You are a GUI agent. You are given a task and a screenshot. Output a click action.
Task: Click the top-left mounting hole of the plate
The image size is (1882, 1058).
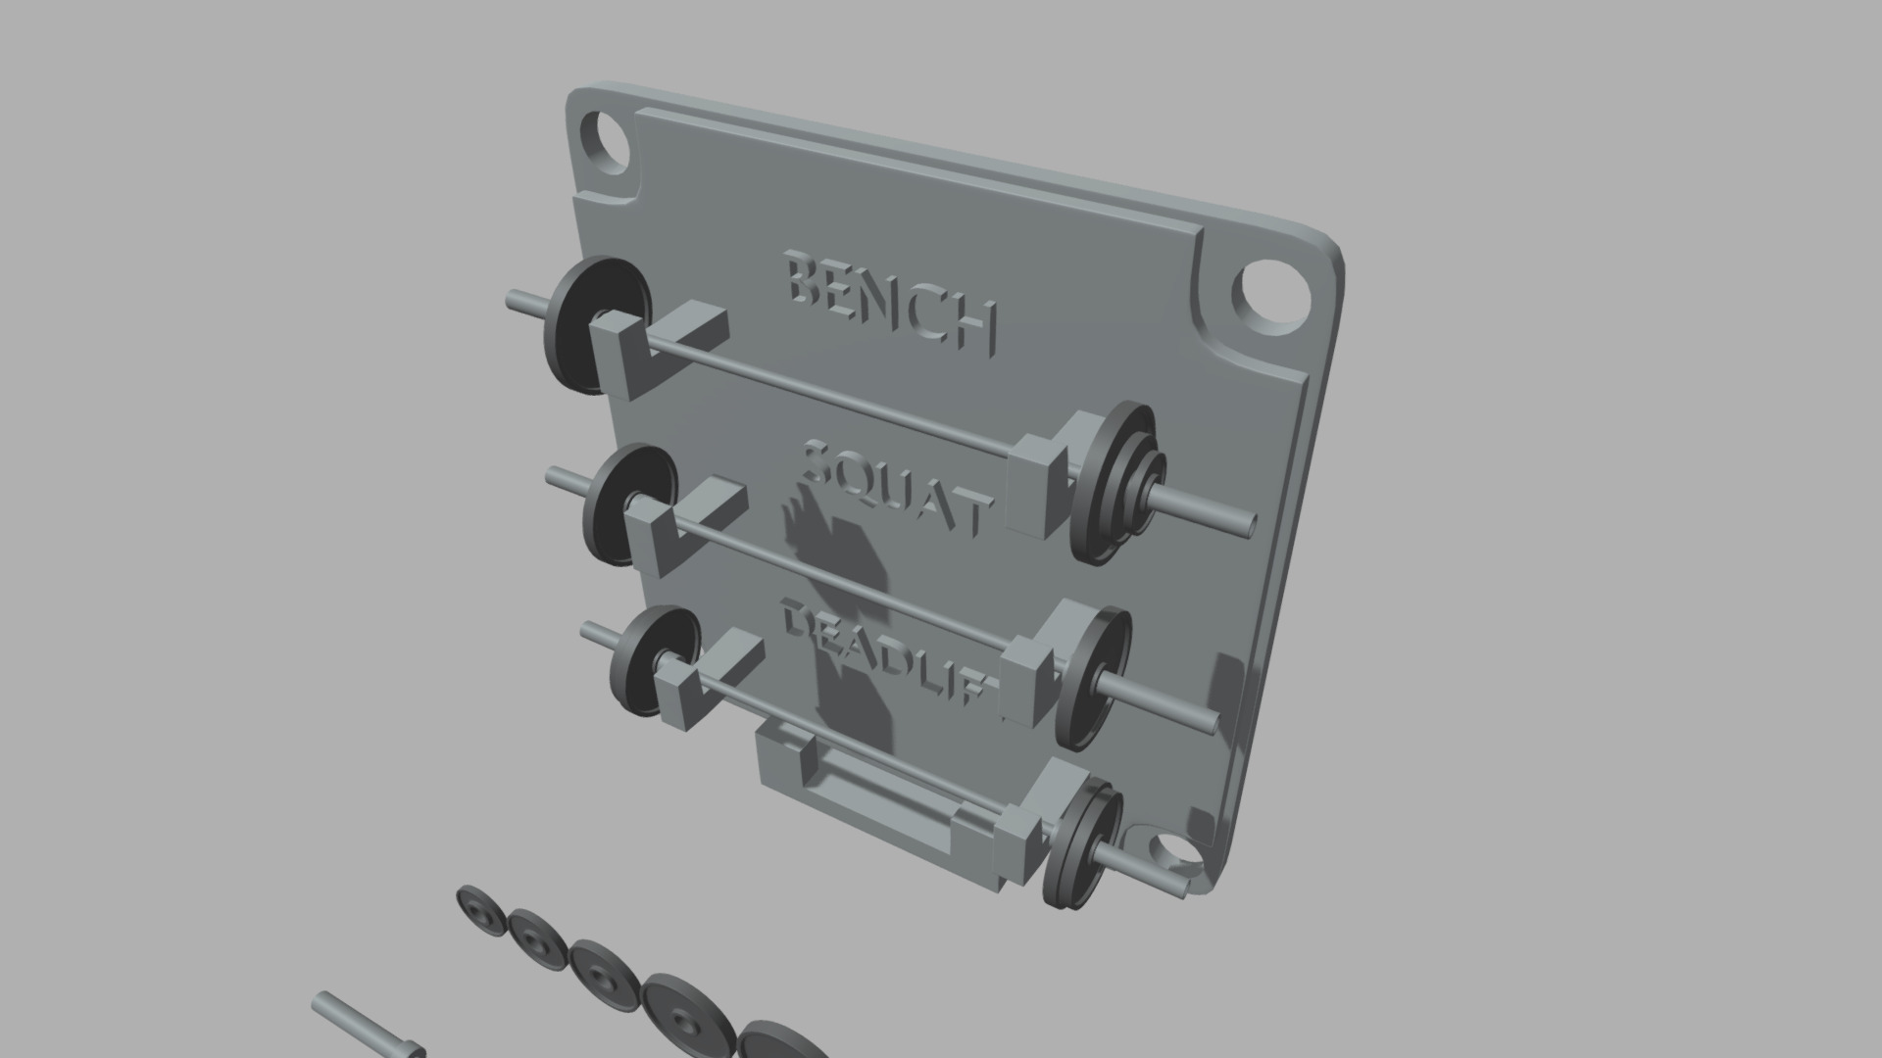(x=605, y=141)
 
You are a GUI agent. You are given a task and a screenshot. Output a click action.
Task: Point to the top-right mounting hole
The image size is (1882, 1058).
(x=1270, y=296)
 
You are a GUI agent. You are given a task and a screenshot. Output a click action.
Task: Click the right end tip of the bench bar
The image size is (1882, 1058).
(x=1249, y=523)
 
